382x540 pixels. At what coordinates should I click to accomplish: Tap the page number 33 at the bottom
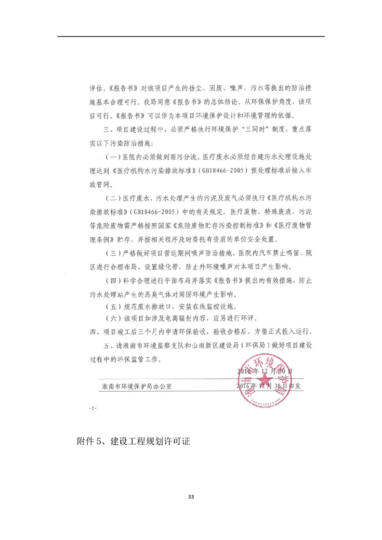pyautogui.click(x=191, y=496)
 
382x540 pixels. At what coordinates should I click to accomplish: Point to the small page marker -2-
pyautogui.click(x=93, y=408)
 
